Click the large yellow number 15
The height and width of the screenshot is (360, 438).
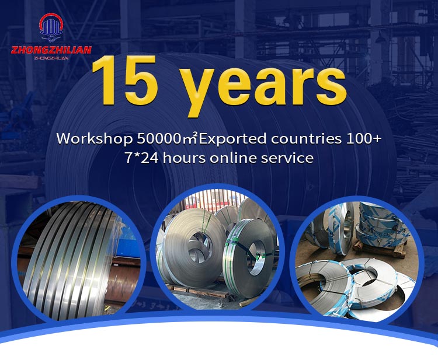124,80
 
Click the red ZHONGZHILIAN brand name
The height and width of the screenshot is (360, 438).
51,50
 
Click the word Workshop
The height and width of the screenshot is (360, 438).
95,139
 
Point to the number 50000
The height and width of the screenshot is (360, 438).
158,139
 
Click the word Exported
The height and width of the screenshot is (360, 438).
232,139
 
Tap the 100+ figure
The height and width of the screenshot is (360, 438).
364,138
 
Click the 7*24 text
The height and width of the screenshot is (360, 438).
141,158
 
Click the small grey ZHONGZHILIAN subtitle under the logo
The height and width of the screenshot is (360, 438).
51,58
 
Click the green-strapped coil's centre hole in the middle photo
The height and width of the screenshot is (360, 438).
257,258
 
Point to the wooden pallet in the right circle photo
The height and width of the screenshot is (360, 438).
380,250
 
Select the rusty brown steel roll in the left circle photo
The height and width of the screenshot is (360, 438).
122,282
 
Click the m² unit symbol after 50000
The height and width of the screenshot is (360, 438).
189,138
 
